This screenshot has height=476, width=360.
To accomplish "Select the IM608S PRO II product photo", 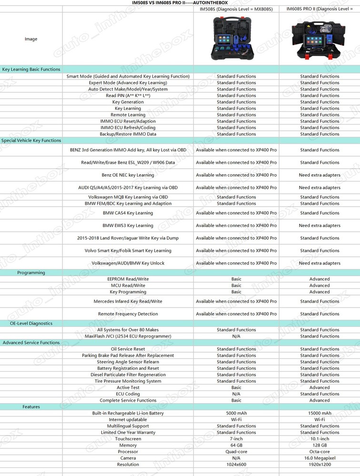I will pyautogui.click(x=320, y=39).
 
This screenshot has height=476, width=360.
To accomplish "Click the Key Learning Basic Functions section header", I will pyautogui.click(x=31, y=69).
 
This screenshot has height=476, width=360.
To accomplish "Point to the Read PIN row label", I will pyautogui.click(x=128, y=96).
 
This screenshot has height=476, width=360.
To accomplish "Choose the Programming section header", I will pyautogui.click(x=31, y=273).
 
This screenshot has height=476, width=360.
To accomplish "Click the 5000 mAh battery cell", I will pyautogui.click(x=236, y=413).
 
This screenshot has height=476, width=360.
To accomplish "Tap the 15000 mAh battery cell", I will pyautogui.click(x=320, y=413).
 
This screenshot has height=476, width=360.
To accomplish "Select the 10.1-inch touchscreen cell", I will pyautogui.click(x=320, y=439).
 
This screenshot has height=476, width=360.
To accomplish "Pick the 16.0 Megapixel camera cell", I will pyautogui.click(x=320, y=458).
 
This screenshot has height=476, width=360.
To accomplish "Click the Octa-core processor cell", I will pyautogui.click(x=320, y=452).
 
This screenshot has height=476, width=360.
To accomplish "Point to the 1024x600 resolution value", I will pyautogui.click(x=236, y=465).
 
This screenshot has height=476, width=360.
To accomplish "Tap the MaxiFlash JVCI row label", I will pyautogui.click(x=128, y=336).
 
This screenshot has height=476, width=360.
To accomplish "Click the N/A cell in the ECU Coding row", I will pyautogui.click(x=236, y=394).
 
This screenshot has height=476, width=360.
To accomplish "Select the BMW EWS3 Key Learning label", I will pyautogui.click(x=128, y=226).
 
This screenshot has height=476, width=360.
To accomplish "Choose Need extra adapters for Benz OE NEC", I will pyautogui.click(x=320, y=175).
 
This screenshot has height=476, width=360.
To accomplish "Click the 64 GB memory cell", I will pyautogui.click(x=236, y=445).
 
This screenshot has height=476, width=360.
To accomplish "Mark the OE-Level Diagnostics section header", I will pyautogui.click(x=31, y=324).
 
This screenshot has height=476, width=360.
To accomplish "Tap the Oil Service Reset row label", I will pyautogui.click(x=128, y=349).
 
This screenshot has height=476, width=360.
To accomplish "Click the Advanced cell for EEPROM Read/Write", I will pyautogui.click(x=320, y=279).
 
